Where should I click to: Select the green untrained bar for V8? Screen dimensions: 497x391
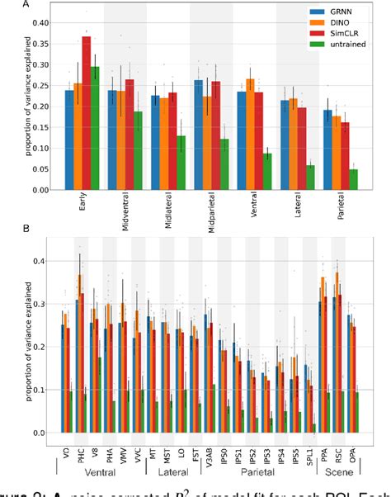point(99,395)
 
